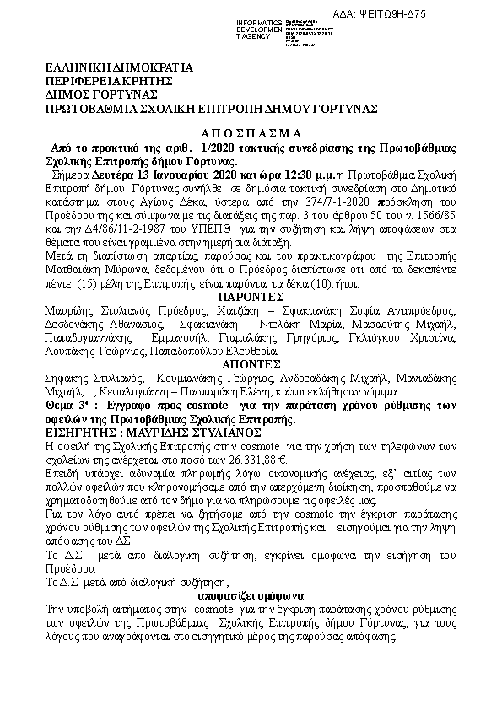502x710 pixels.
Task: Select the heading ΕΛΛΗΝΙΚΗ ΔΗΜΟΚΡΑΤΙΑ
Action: [120, 67]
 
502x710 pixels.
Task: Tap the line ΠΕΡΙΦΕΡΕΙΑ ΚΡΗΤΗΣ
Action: [110, 81]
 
